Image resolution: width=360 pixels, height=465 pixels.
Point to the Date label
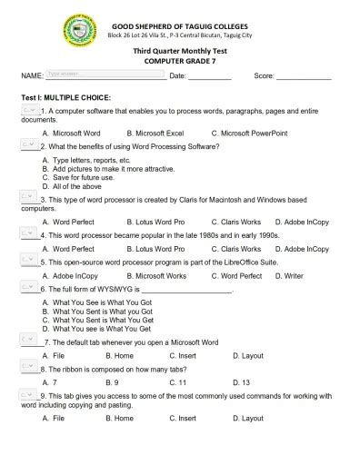tap(178, 75)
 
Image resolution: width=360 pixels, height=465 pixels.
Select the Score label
tap(265, 75)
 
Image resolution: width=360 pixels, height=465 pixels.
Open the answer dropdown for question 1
tap(28, 109)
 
